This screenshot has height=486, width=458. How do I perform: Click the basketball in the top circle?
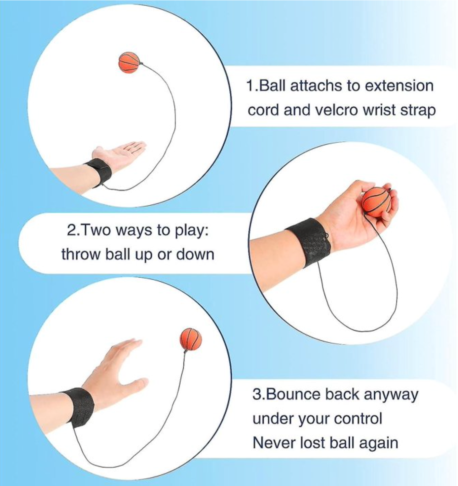(x=129, y=62)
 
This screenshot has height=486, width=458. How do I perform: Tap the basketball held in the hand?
(x=377, y=202)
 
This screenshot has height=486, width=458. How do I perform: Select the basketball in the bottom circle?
(x=191, y=339)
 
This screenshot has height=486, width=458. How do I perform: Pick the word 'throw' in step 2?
(x=81, y=255)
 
